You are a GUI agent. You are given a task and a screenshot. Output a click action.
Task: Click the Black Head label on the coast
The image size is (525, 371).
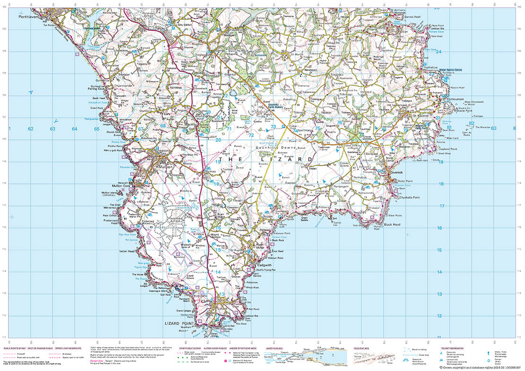392,224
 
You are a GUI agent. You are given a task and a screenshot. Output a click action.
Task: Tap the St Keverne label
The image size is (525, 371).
421,115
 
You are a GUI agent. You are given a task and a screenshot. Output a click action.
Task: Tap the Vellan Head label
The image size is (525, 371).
128,251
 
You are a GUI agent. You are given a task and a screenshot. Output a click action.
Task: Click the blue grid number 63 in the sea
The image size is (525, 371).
53,129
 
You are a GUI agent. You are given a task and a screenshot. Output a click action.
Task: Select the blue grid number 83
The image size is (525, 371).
493,128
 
